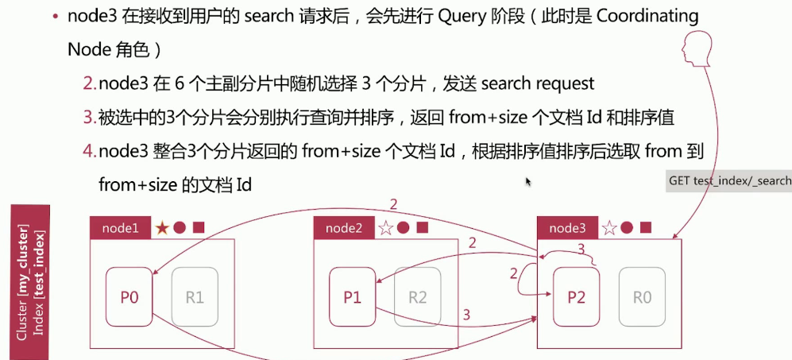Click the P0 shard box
coord(129,297)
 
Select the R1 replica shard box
coord(195,297)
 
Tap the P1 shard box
coord(352,297)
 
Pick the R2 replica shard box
coord(418,297)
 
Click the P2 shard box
coord(576,297)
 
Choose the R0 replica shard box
coord(642,297)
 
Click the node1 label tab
coord(120,228)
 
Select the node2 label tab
coord(344,228)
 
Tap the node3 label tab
coord(567,228)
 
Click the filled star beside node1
coord(162,228)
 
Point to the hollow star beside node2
coord(386,228)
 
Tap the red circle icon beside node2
coord(404,228)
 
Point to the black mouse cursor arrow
coord(528,181)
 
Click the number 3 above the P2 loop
coord(581,249)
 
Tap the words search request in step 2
coord(537,83)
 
